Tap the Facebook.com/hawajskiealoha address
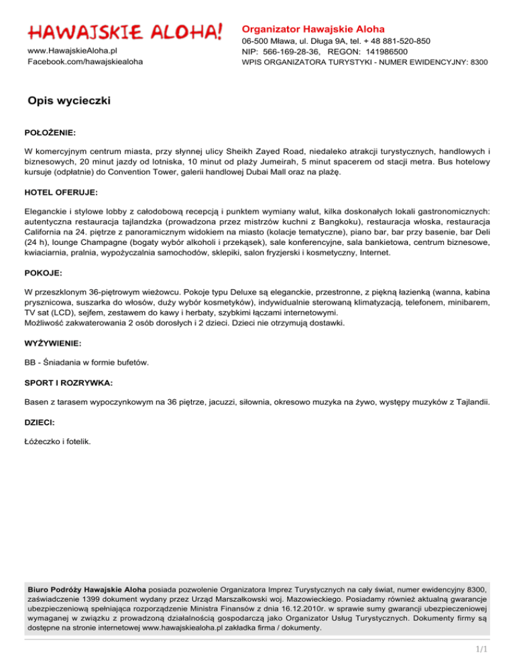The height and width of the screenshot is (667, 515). click(x=84, y=62)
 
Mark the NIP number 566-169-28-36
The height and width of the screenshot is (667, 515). click(x=290, y=51)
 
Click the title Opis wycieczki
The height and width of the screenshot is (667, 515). click(x=69, y=101)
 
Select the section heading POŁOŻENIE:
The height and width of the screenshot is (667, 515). click(x=50, y=133)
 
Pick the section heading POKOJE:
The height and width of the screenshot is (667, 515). click(x=42, y=274)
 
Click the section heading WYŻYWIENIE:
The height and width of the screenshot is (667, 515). click(x=52, y=343)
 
